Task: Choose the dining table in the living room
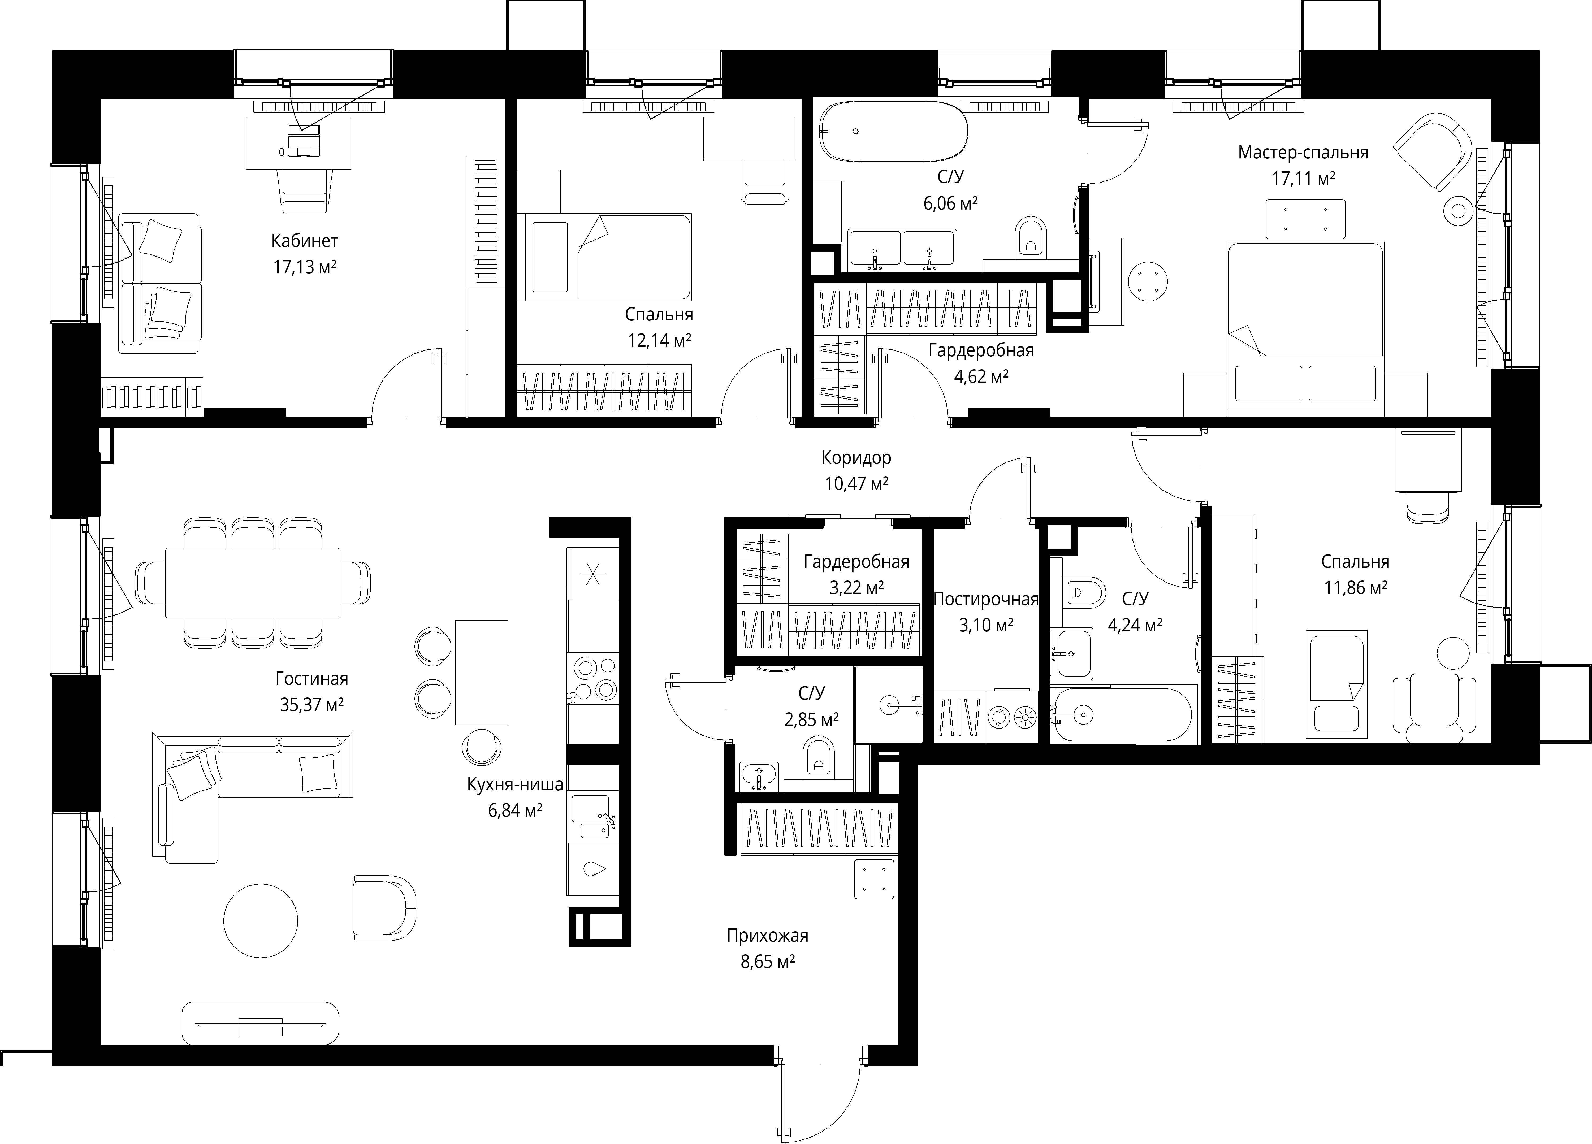point(253,583)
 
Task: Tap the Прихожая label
point(767,935)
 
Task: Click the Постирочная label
point(985,599)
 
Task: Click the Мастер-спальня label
point(1303,152)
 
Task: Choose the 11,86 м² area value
point(1355,587)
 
